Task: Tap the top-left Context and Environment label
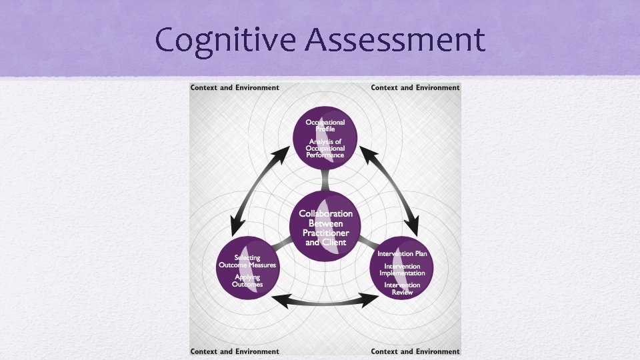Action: [235, 87]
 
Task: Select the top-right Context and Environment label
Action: [415, 87]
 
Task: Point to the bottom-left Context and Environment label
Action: [235, 351]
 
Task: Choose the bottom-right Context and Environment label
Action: [415, 351]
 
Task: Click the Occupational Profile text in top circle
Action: [325, 125]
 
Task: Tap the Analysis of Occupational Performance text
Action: [325, 147]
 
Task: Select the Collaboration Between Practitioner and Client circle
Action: [325, 227]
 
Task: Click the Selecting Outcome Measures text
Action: [247, 261]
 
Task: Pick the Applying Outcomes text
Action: [247, 281]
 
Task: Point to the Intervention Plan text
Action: [402, 254]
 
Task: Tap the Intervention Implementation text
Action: [402, 270]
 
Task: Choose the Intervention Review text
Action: [402, 289]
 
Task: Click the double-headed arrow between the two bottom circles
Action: [325, 301]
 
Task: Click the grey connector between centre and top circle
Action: [325, 179]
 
